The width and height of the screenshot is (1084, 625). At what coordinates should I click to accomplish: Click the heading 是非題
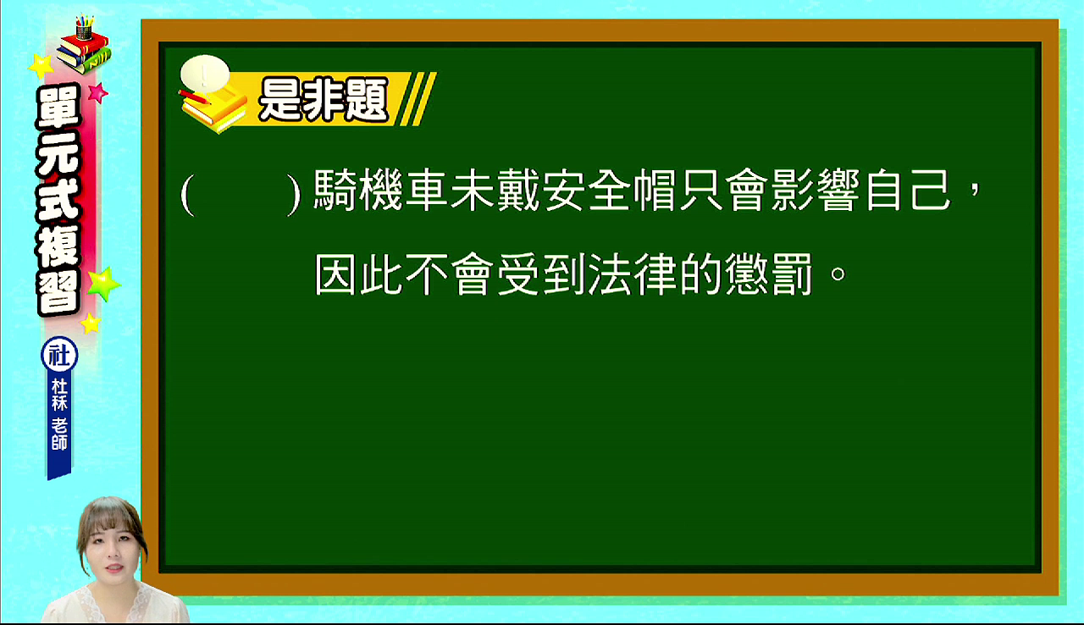(x=324, y=100)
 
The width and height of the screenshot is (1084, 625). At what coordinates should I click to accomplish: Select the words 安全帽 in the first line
(x=609, y=190)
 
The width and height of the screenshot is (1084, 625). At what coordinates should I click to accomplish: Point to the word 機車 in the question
(x=404, y=190)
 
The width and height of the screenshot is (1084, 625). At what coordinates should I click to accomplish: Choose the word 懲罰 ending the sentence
(x=769, y=274)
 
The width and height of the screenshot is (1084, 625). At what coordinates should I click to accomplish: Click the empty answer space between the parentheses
(x=241, y=193)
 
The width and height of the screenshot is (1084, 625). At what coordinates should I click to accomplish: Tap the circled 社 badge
(x=59, y=356)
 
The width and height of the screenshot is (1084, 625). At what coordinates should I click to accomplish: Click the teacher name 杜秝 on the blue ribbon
(x=59, y=395)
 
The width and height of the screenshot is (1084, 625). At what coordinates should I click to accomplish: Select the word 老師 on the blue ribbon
(x=59, y=434)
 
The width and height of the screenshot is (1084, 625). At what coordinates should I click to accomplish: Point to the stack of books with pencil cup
(x=84, y=45)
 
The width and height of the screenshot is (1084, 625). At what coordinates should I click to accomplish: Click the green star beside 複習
(x=103, y=284)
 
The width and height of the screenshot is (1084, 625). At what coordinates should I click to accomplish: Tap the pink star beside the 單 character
(x=98, y=92)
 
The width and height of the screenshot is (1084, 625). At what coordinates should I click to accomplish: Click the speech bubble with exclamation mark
(x=205, y=74)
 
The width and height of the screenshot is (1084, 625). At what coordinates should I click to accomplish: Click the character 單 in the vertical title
(x=59, y=108)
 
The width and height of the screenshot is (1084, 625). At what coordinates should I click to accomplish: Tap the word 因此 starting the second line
(x=358, y=274)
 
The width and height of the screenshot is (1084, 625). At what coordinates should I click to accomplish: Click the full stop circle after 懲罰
(x=838, y=274)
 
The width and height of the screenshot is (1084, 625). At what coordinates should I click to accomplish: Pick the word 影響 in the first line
(x=816, y=190)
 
